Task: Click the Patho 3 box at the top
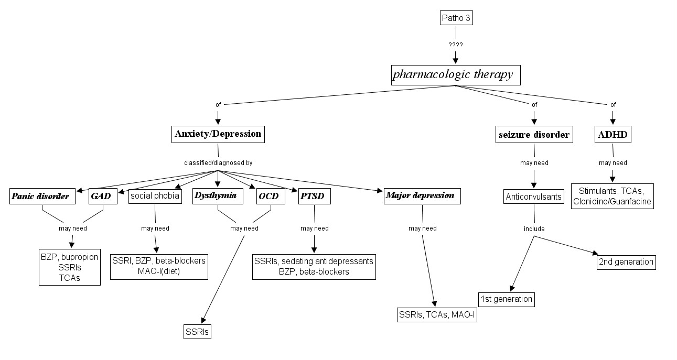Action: (456, 19)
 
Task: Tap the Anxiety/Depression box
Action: (218, 134)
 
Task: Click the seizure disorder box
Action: (533, 135)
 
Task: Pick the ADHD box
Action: (612, 135)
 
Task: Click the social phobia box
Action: (155, 197)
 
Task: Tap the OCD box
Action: (271, 197)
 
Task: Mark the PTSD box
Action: (314, 197)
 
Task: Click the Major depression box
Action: (422, 195)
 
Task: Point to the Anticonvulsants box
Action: (534, 197)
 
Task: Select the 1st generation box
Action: (507, 299)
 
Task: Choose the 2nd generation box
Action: (626, 261)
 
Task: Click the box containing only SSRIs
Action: (197, 332)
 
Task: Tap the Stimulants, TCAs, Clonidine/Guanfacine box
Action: (612, 196)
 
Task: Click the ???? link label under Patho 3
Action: (456, 45)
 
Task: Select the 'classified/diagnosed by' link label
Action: (218, 163)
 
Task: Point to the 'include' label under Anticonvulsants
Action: (534, 228)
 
